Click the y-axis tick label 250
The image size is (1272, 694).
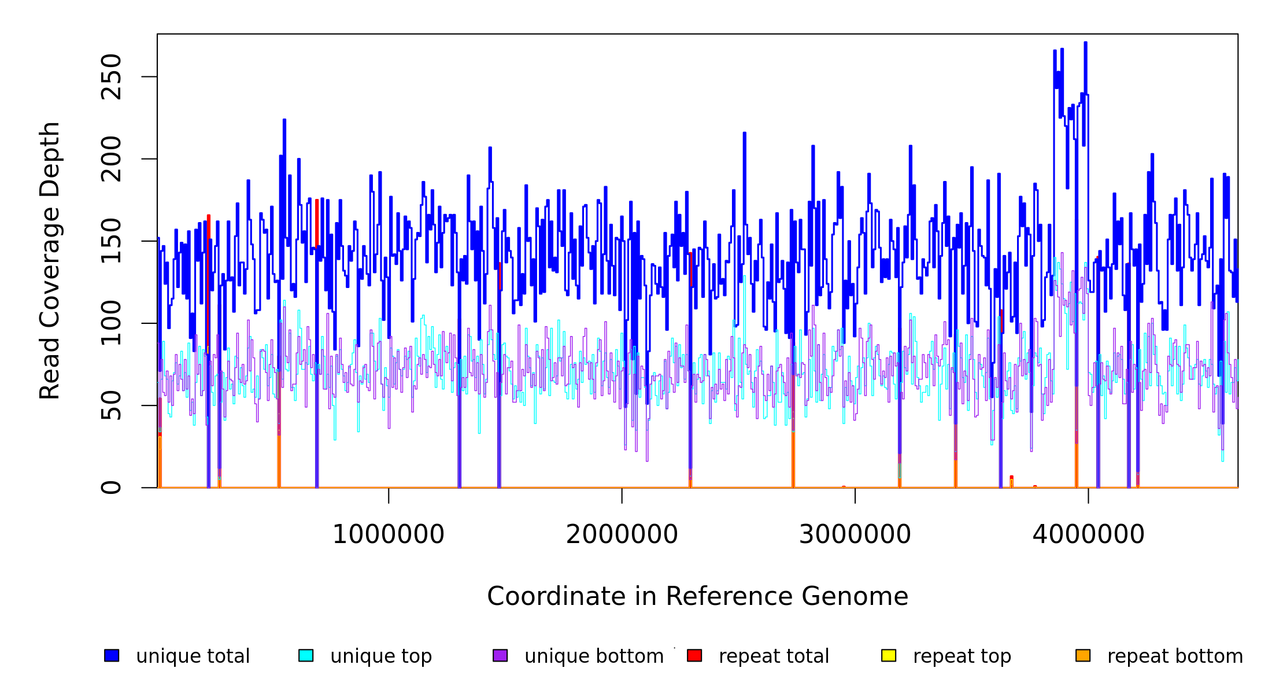[111, 77]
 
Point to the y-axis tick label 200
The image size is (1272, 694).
[111, 159]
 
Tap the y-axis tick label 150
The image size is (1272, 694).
[111, 241]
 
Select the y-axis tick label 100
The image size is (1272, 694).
[111, 323]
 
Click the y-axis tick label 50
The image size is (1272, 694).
[111, 405]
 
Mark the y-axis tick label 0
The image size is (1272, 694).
[111, 488]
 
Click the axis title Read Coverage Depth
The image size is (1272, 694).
[50, 261]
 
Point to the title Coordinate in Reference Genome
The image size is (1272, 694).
[697, 597]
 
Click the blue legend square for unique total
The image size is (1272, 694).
[112, 655]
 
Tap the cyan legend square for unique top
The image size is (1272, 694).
[306, 655]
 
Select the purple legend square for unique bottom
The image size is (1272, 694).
[500, 655]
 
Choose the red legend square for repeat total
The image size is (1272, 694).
[694, 655]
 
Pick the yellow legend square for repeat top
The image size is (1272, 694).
[889, 655]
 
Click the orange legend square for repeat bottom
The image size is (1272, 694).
[1083, 655]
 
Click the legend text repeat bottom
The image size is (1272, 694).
[1175, 656]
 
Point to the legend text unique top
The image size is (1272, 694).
[381, 656]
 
